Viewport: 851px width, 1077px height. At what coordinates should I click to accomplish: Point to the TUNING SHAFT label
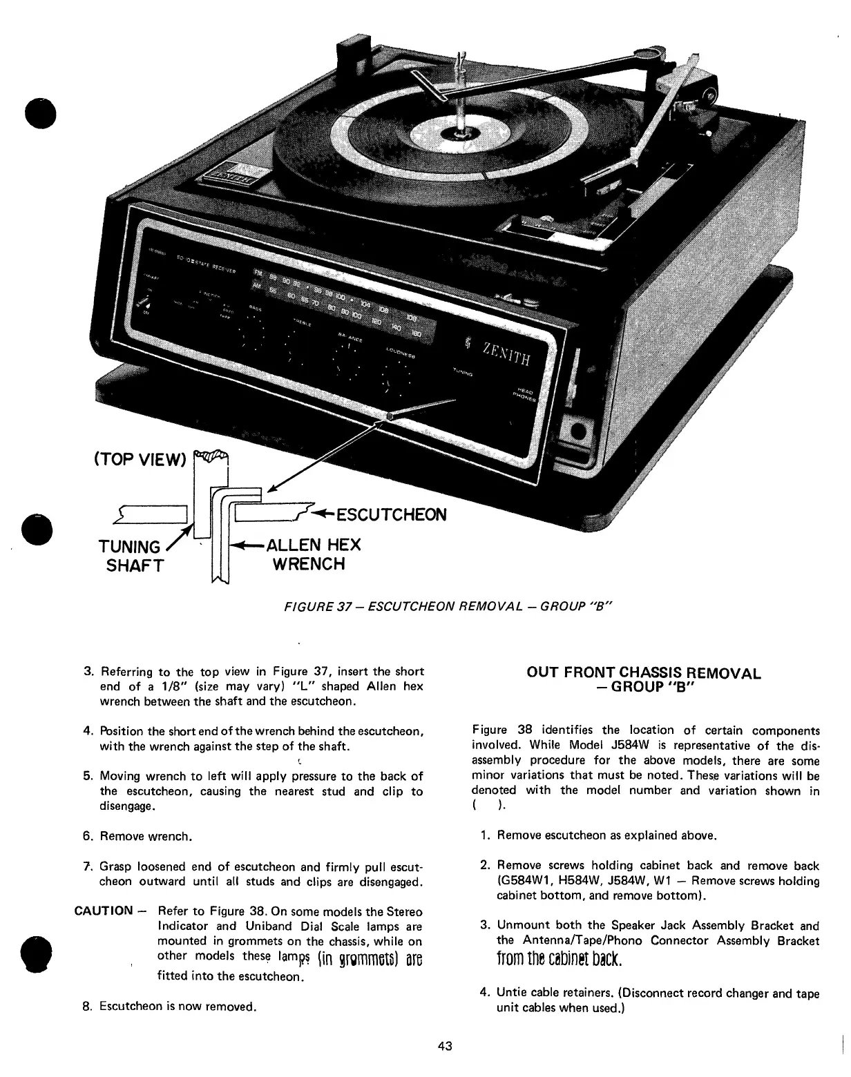[x=131, y=556]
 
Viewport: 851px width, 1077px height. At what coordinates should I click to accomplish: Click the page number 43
[x=445, y=1046]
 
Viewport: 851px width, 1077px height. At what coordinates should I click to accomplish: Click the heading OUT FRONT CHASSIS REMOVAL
[x=644, y=673]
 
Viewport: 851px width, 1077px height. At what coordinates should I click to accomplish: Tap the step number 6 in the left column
[x=88, y=837]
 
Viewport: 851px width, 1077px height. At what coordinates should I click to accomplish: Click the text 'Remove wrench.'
[x=146, y=837]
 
